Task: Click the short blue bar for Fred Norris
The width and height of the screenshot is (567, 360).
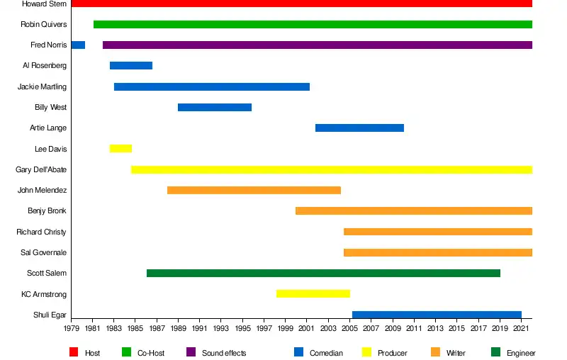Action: [78, 45]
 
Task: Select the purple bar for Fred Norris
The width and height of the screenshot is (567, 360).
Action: [318, 45]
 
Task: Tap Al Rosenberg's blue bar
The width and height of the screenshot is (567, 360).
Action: [131, 65]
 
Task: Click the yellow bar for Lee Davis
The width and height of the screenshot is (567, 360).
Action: [120, 149]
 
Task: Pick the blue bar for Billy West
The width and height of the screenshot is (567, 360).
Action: [215, 107]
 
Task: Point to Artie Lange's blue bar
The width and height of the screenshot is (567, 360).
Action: [359, 128]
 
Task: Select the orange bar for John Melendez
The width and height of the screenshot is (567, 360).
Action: [254, 190]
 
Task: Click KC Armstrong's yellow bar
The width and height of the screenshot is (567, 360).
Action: [313, 294]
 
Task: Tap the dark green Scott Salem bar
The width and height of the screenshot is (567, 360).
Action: [323, 274]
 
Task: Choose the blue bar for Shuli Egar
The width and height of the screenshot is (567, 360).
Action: [437, 315]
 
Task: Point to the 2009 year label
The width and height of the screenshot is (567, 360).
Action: [393, 328]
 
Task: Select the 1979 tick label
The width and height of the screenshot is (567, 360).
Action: [72, 328]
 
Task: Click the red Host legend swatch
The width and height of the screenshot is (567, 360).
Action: [74, 352]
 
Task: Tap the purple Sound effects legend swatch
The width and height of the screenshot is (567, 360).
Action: [191, 352]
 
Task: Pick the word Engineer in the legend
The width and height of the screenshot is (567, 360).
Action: [521, 353]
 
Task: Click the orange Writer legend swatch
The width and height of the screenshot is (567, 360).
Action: [435, 352]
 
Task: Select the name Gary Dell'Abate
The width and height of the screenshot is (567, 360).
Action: [41, 169]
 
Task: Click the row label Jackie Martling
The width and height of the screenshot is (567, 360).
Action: [42, 86]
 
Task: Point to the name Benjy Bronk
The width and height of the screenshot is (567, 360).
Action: [47, 210]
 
